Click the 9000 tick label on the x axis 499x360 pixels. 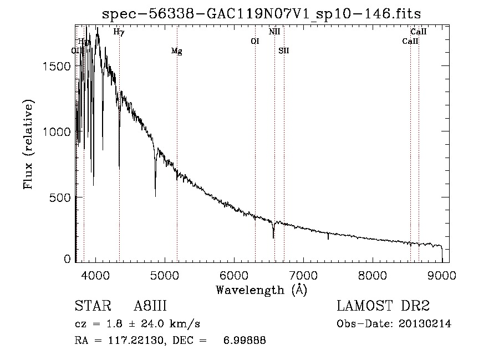(442, 275)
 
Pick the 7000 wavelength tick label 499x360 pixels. (303, 275)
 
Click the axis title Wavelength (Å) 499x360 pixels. (261, 289)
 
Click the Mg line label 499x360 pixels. (176, 52)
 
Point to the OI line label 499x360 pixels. (255, 41)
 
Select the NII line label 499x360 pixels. (274, 32)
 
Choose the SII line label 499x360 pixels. (284, 51)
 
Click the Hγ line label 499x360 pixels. (119, 32)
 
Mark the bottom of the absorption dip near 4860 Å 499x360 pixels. (155, 195)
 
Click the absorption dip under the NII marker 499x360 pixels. (273, 237)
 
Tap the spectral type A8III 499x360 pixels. (150, 306)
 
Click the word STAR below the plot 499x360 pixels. (89, 306)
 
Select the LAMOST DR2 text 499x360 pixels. (383, 306)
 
